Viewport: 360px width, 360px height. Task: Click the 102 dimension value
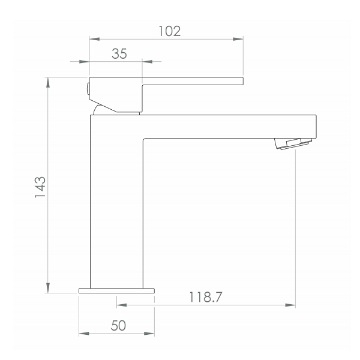click(170, 31)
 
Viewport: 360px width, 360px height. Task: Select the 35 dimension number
click(119, 53)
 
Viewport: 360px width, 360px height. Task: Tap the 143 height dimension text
click(40, 187)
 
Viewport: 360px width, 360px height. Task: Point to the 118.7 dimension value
click(205, 297)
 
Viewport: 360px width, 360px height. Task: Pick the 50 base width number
click(118, 325)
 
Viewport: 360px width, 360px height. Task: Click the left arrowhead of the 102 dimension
click(94, 39)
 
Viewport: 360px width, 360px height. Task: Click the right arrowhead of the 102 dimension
click(238, 39)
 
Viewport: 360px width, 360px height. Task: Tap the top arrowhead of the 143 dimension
click(48, 82)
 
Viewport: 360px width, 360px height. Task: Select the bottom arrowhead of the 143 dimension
click(48, 288)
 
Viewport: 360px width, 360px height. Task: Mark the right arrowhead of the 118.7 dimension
click(290, 305)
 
